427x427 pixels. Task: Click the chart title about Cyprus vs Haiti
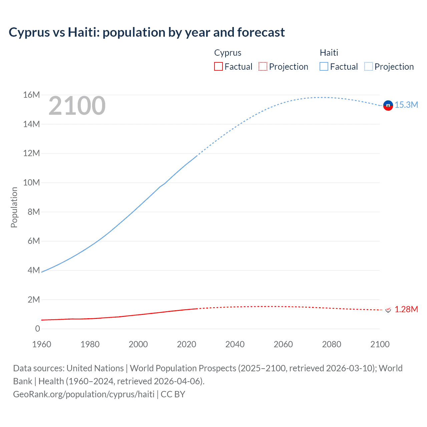click(147, 32)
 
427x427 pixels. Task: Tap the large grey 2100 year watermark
click(77, 106)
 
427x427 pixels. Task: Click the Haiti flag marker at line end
click(388, 105)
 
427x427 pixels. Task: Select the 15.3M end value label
click(406, 105)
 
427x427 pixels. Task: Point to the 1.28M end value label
click(406, 309)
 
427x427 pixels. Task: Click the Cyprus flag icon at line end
click(388, 310)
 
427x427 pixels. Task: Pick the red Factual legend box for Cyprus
click(219, 66)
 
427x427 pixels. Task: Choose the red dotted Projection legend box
click(263, 66)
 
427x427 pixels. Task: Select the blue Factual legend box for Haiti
click(324, 66)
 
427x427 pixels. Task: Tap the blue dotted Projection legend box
click(369, 66)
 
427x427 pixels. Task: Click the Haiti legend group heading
click(329, 53)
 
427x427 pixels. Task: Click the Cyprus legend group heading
click(228, 53)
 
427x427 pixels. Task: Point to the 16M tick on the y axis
click(31, 95)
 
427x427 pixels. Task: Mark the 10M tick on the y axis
click(31, 183)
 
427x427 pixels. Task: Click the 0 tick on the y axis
click(37, 329)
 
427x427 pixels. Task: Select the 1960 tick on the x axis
click(42, 344)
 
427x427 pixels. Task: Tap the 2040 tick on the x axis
click(235, 344)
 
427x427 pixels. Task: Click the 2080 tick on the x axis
click(332, 344)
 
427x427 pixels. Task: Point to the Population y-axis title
click(14, 207)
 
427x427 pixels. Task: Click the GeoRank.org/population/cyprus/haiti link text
click(84, 394)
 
